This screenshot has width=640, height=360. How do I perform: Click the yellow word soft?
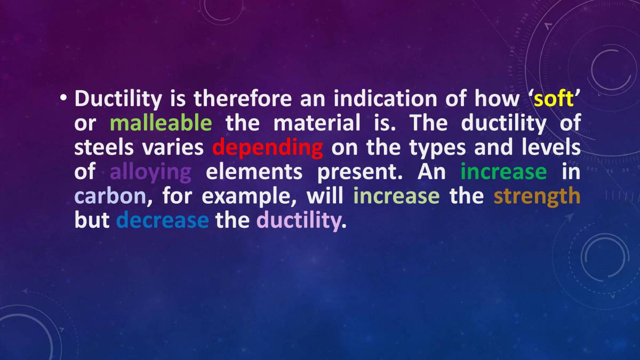[x=555, y=99]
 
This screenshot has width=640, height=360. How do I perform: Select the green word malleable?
[x=161, y=124]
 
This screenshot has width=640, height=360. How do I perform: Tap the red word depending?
[x=267, y=148]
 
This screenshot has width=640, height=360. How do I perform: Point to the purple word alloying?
[x=150, y=172]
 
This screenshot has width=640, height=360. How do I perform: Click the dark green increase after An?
[x=503, y=172]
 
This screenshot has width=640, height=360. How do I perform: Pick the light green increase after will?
[x=396, y=196]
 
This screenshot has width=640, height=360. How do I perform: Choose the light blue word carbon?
[x=110, y=196]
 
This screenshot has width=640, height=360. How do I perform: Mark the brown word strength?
[x=537, y=196]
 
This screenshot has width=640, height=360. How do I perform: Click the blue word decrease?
[x=162, y=220]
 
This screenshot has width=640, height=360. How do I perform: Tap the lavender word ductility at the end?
[x=298, y=220]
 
